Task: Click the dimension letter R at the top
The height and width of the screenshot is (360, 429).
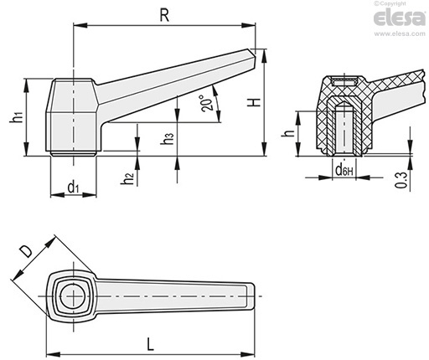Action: (164, 15)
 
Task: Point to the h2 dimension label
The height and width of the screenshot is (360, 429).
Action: (127, 178)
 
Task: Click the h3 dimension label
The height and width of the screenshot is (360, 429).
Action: (168, 138)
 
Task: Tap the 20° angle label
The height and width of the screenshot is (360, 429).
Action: (206, 104)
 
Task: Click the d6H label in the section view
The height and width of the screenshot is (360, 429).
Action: (344, 169)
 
